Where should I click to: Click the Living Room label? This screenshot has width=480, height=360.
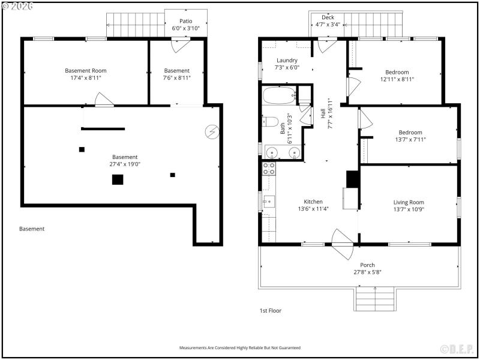point(408,202)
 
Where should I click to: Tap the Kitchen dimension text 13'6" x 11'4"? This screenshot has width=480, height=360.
point(313,209)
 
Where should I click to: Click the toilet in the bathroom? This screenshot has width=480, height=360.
point(270,122)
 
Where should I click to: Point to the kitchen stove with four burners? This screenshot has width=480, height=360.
point(269,168)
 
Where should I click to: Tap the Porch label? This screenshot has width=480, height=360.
point(367,265)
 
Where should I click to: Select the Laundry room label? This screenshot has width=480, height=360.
point(287,61)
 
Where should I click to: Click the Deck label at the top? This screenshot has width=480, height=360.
point(328,17)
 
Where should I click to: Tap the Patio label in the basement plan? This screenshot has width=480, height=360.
point(185,21)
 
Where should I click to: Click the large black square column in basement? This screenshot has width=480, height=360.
point(118,179)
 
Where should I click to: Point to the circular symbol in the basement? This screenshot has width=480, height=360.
point(212,131)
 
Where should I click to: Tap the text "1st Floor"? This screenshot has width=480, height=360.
point(270,311)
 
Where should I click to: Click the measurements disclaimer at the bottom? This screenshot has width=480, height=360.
point(240,347)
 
